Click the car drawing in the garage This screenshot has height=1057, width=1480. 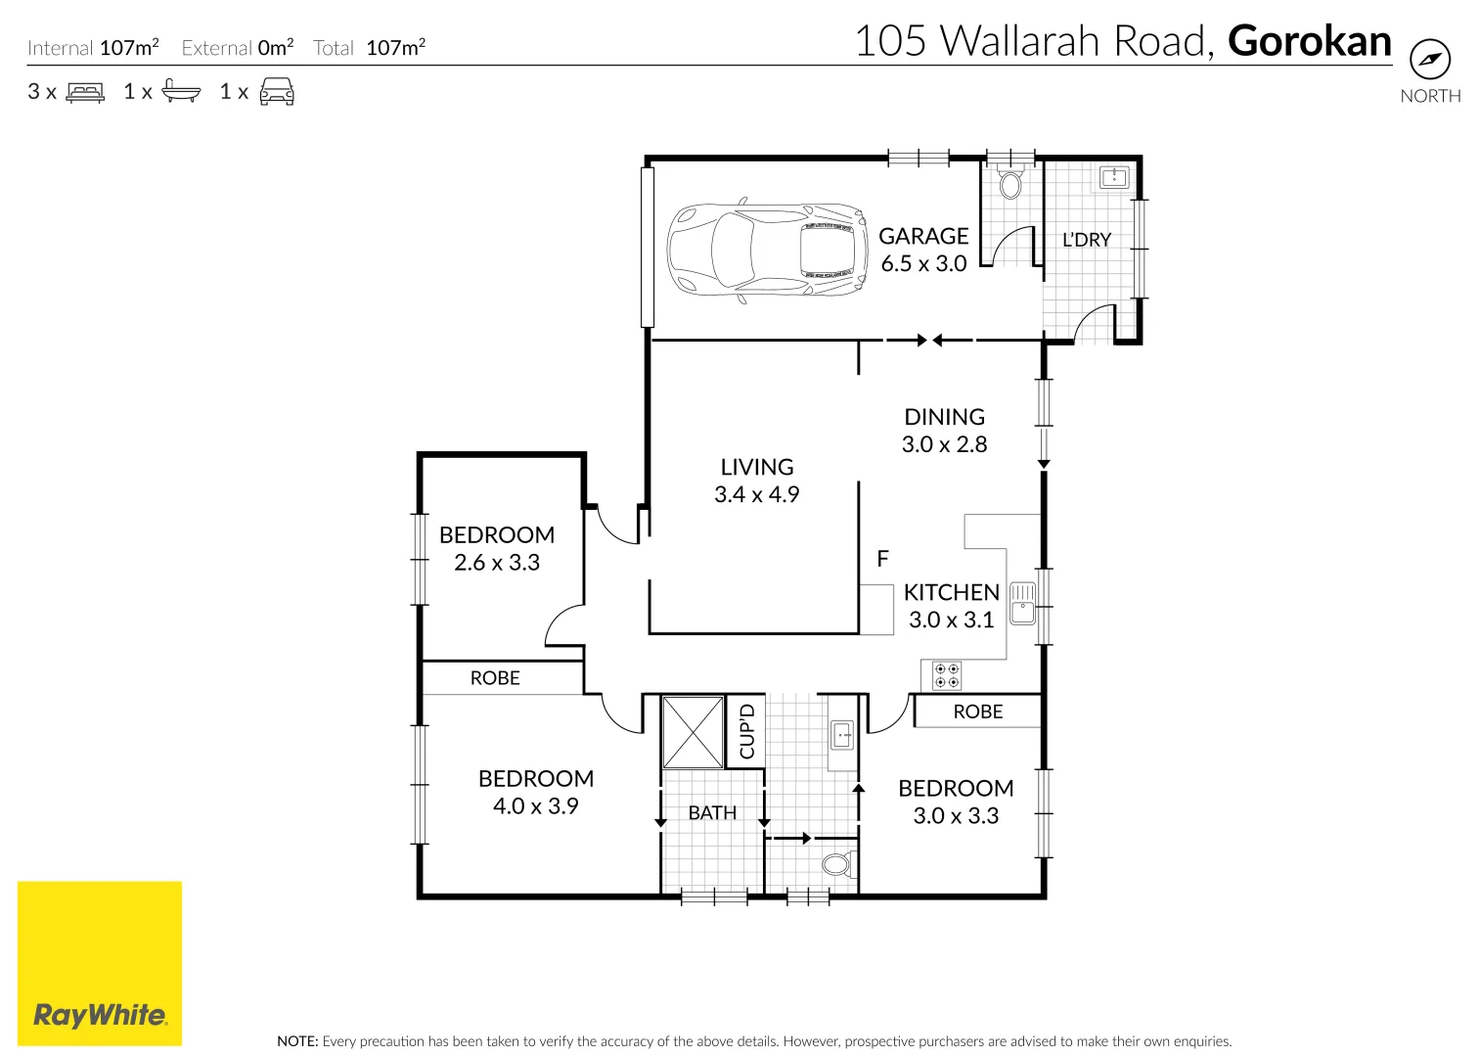point(767,251)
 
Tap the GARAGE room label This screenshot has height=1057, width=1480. point(922,237)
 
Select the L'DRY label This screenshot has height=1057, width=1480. point(1087,240)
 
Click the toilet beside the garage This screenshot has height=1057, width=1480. point(1010,184)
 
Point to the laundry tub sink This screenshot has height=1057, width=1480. point(1114,177)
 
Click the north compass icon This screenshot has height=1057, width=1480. point(1429,61)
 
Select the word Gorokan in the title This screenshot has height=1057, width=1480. point(1309,41)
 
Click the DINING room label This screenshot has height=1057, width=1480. point(944,417)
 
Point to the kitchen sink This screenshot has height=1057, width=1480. point(1022,603)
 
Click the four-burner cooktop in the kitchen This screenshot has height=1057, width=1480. point(946,675)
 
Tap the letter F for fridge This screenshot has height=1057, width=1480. point(882,559)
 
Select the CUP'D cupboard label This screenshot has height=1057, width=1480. point(747,731)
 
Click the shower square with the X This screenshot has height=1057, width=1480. point(693,732)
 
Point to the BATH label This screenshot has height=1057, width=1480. point(712,813)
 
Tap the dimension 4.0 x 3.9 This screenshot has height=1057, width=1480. point(535,806)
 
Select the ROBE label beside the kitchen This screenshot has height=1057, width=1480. point(977,712)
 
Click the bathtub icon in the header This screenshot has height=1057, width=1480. point(181,92)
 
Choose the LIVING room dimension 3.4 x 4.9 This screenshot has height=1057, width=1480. point(756,495)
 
